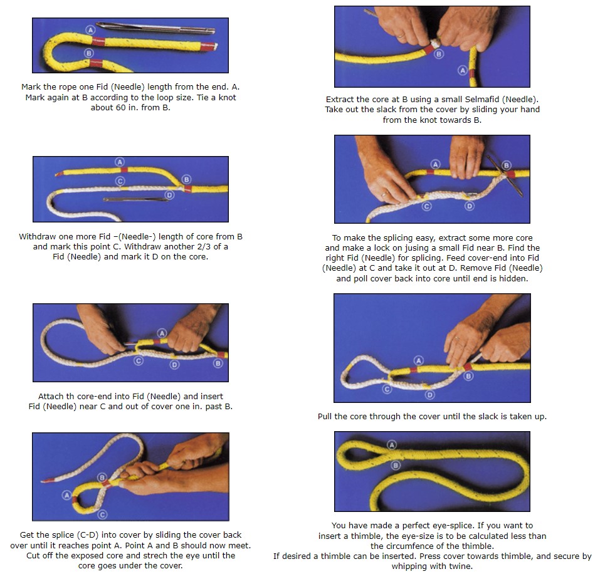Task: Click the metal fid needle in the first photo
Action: [x=155, y=28]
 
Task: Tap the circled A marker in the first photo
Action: [x=90, y=30]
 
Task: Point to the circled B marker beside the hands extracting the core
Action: [x=439, y=54]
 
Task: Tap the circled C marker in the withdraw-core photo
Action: [x=120, y=181]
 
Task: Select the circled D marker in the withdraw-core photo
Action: [x=170, y=195]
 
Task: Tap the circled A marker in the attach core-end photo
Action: [x=162, y=333]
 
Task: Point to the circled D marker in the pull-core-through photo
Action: [x=429, y=395]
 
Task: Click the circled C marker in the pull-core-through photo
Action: [x=387, y=389]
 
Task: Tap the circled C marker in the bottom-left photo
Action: [x=102, y=514]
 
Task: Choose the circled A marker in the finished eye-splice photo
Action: [x=392, y=446]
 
